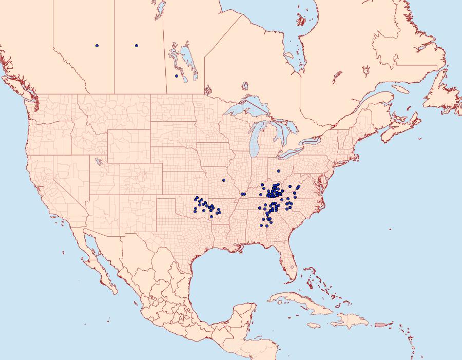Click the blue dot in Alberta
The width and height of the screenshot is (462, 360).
tap(97, 46)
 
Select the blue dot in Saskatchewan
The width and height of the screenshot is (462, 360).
tap(137, 46)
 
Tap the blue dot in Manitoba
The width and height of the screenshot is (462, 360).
tap(177, 76)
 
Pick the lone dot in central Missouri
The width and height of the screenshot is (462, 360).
tap(224, 180)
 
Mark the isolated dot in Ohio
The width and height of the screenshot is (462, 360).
tap(279, 171)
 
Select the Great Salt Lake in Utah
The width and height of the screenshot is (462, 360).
tap(97, 161)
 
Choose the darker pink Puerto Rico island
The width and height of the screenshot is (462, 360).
tap(380, 324)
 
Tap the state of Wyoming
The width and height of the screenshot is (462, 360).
tap(128, 146)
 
